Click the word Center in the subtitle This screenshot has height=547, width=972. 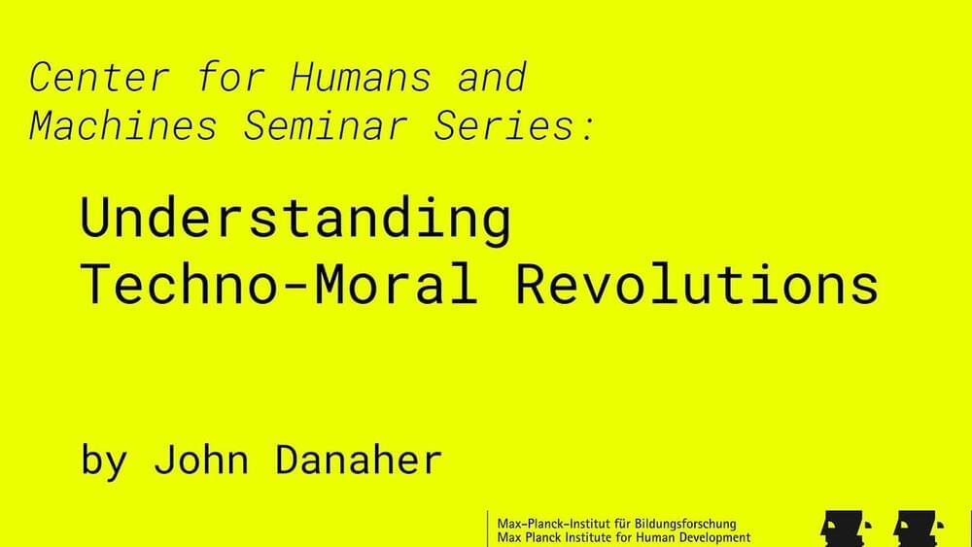[x=99, y=77]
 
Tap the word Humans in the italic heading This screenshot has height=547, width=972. [x=361, y=77]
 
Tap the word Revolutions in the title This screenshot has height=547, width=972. [x=697, y=283]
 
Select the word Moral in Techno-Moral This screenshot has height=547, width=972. [x=397, y=283]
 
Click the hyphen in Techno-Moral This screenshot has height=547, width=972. [x=295, y=287]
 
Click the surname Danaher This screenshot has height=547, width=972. [x=359, y=460]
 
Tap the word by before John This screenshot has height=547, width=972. [x=104, y=462]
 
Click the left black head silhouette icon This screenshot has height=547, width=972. [x=846, y=530]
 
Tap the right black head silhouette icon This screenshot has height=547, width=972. [x=919, y=530]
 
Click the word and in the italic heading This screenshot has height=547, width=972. [x=492, y=77]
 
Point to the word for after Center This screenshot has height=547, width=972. [x=230, y=77]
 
